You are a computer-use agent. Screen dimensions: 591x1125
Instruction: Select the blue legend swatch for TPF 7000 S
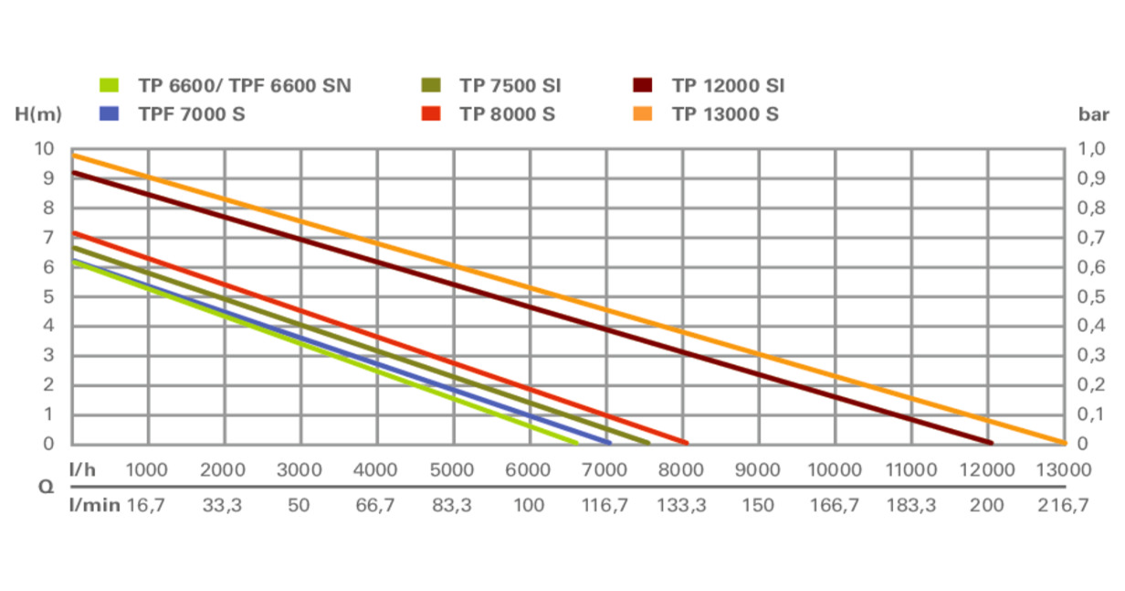click(x=109, y=114)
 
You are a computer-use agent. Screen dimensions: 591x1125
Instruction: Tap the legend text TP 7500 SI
click(x=510, y=87)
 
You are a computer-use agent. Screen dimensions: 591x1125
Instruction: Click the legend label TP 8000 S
click(x=508, y=114)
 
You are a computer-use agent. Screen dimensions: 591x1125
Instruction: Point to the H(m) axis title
click(x=38, y=115)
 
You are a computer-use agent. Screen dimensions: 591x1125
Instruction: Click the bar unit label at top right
click(x=1092, y=115)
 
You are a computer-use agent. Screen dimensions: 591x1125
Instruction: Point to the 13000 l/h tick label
click(x=1063, y=470)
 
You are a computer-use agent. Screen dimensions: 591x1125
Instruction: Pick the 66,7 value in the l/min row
click(x=375, y=504)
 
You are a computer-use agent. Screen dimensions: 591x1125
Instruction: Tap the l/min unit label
click(x=95, y=504)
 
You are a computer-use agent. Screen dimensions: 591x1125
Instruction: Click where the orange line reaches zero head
click(x=1063, y=443)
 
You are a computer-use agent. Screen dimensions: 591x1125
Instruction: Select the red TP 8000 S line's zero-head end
click(x=685, y=443)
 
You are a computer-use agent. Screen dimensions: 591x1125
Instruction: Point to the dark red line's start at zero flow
click(x=73, y=172)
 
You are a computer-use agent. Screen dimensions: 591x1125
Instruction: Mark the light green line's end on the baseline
click(x=575, y=443)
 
